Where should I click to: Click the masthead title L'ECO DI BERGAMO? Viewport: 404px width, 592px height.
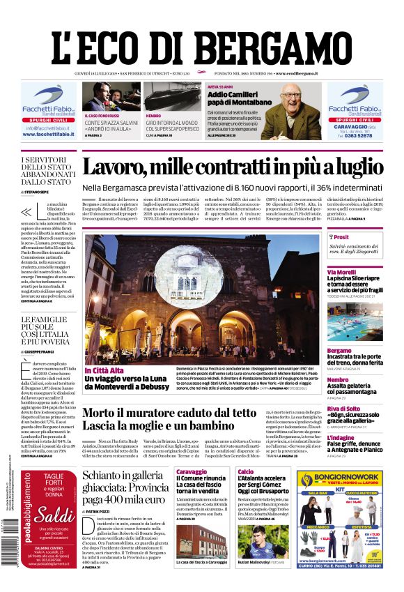point(201,46)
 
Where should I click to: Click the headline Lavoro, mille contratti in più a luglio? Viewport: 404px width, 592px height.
point(233,168)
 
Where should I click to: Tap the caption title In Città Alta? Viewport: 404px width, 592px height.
point(103,370)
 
